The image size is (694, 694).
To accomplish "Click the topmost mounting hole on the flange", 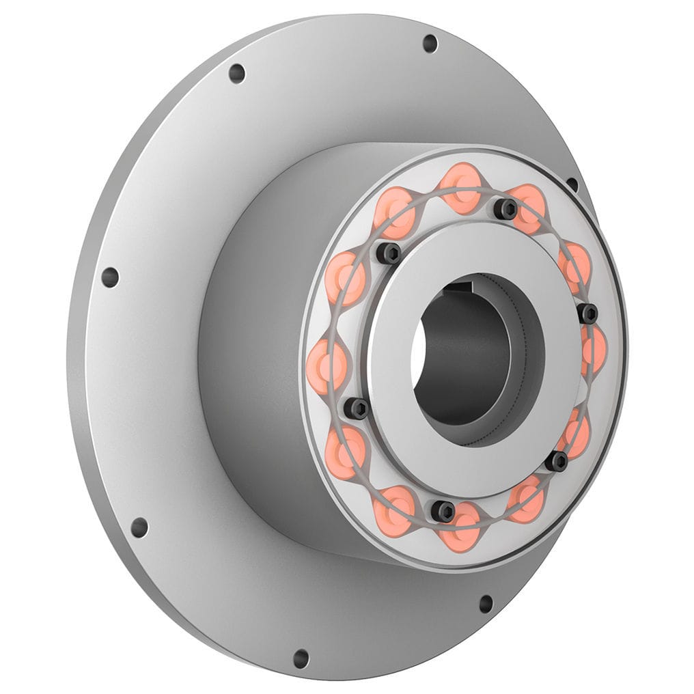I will [x=430, y=43].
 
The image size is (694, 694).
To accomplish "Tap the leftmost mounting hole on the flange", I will [x=109, y=277].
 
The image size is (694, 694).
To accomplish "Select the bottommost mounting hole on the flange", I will [x=301, y=658].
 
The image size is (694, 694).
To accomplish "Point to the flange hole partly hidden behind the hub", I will [x=572, y=184].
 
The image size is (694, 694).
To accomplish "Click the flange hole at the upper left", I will [x=236, y=73].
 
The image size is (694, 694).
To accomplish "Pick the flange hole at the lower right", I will [x=486, y=604].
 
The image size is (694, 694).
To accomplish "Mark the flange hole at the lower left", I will [x=139, y=527].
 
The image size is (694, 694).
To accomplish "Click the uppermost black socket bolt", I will [x=505, y=208].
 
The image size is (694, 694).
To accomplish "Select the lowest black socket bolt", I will [x=443, y=510].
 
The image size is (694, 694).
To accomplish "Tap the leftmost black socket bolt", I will [x=356, y=408].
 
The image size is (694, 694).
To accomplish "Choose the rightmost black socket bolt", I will [x=587, y=314].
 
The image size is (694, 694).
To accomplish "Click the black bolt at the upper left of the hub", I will [x=389, y=253].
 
